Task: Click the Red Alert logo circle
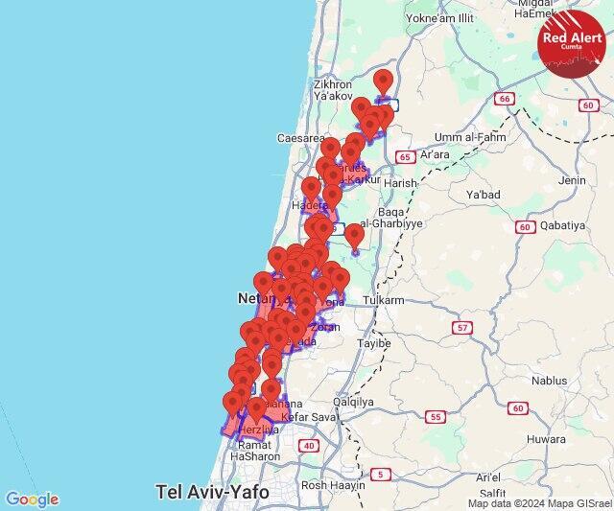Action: [573, 40]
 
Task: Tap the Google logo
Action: [32, 499]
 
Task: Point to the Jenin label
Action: [573, 179]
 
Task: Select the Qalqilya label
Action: [352, 403]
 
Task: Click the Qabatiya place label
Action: [573, 226]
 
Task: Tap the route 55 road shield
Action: [437, 416]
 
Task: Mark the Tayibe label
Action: [373, 342]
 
